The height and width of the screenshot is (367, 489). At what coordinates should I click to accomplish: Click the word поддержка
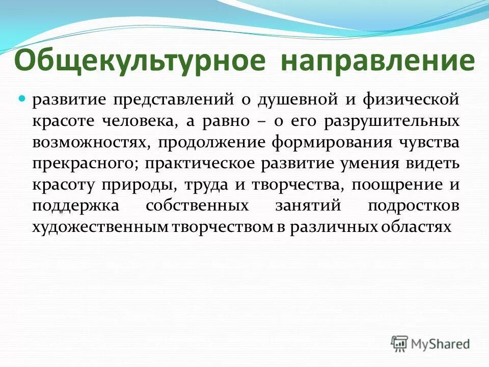(75, 206)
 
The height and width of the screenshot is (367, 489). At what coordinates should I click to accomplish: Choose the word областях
(416, 228)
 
